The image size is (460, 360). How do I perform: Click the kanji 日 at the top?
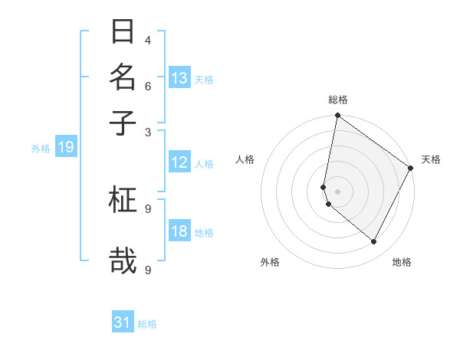coord(123,32)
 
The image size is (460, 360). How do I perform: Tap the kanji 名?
coord(123,77)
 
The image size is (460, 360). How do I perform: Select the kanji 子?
coord(123,123)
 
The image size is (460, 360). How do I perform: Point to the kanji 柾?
coord(123,200)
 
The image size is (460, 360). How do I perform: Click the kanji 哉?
coord(123,260)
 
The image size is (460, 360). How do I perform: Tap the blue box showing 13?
coord(179,78)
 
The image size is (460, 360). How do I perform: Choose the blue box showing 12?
coord(179,162)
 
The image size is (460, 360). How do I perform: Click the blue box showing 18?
coord(179,231)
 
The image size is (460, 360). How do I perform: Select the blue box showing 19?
coord(65,147)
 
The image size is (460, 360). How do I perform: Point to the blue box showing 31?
coord(123,322)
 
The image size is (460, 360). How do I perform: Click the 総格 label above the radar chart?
coord(338,100)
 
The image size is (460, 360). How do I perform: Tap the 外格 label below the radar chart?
coord(270,262)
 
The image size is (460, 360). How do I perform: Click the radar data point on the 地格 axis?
coord(374,241)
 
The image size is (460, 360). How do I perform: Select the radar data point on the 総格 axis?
coord(337,116)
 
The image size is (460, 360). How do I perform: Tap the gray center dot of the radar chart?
coord(337,191)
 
